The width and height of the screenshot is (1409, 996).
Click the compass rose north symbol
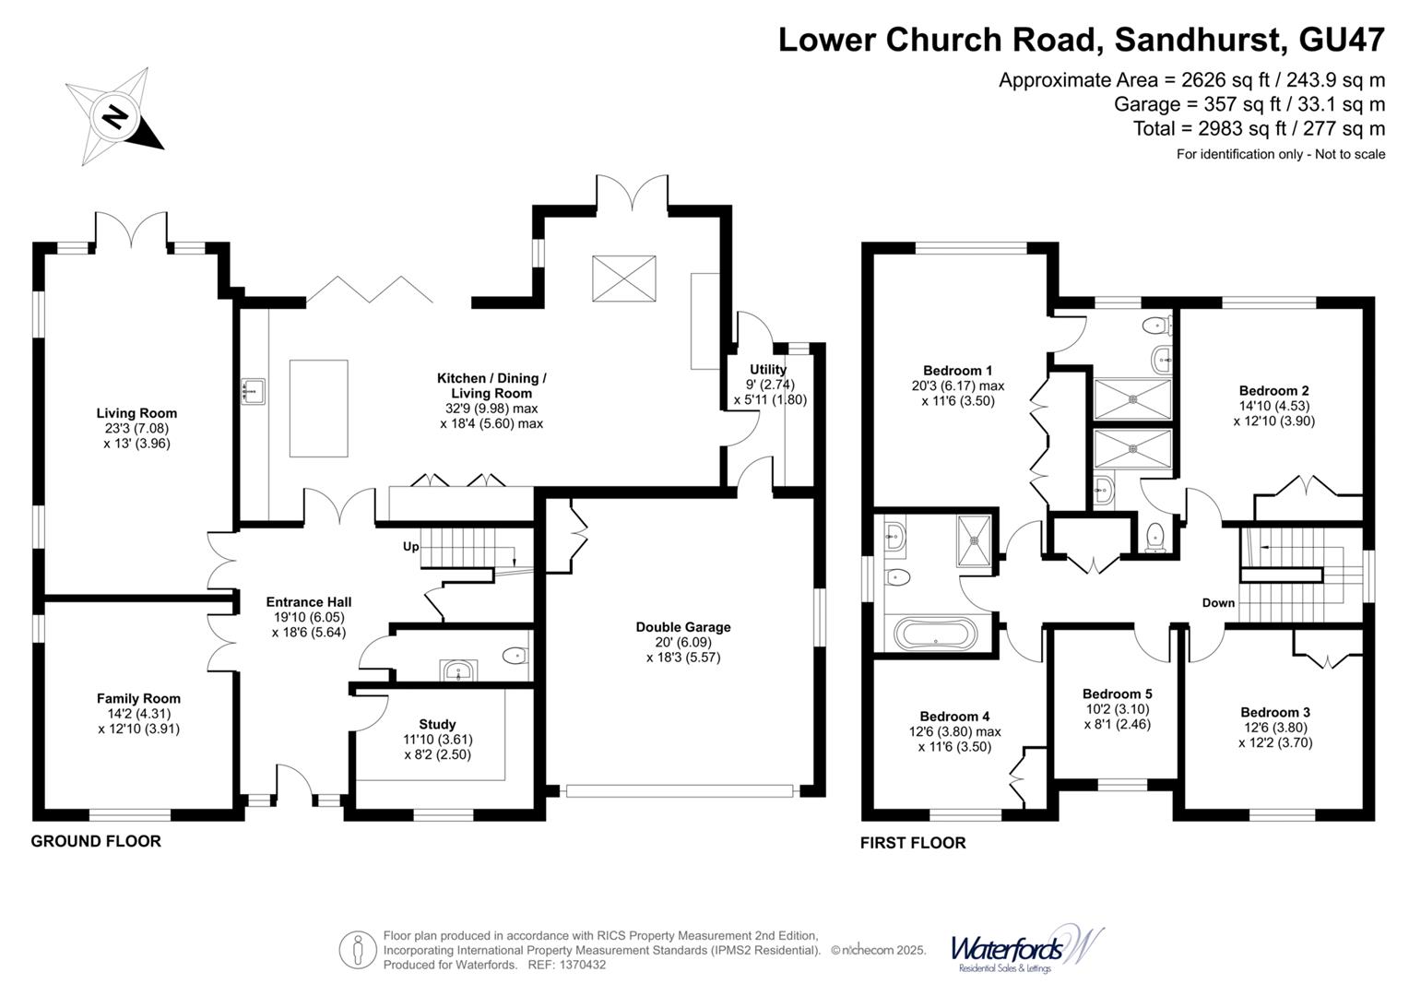(114, 117)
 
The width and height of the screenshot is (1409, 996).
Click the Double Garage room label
(682, 627)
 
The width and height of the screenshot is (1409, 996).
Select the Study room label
(437, 724)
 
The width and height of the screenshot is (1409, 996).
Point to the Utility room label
(767, 370)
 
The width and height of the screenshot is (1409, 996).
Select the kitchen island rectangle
(319, 408)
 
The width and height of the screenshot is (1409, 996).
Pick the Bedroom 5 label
(1117, 694)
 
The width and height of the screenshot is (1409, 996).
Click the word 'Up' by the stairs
(410, 547)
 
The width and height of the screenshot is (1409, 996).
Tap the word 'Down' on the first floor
(1218, 603)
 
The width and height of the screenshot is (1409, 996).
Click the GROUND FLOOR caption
(96, 841)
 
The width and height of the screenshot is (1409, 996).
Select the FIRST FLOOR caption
(913, 843)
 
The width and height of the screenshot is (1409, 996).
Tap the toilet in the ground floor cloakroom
(515, 656)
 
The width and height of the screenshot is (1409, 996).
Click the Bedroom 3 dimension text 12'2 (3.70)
(1274, 742)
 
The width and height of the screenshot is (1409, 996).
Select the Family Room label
(138, 698)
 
